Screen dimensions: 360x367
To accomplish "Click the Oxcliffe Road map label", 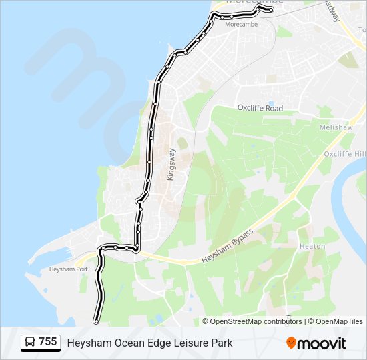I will (x=260, y=108).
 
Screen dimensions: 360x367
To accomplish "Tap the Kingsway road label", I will (x=170, y=164).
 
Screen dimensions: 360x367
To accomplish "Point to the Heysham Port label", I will (x=68, y=269).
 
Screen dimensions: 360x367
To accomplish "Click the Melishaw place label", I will (x=332, y=127).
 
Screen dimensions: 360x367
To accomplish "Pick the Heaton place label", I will (x=312, y=246).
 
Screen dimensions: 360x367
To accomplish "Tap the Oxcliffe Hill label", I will (x=344, y=154).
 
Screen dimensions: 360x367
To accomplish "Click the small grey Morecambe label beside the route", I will (x=241, y=24).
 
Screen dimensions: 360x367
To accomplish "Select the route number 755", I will (x=47, y=342).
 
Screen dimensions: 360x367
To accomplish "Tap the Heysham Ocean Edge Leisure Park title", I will (x=149, y=343).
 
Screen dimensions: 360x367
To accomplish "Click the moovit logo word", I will (x=322, y=343).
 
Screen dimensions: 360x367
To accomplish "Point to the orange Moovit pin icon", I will (x=291, y=343).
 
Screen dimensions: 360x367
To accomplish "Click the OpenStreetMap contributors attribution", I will (x=256, y=321).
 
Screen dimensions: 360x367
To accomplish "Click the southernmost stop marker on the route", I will (x=97, y=322).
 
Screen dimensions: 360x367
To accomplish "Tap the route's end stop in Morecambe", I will (x=271, y=11).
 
